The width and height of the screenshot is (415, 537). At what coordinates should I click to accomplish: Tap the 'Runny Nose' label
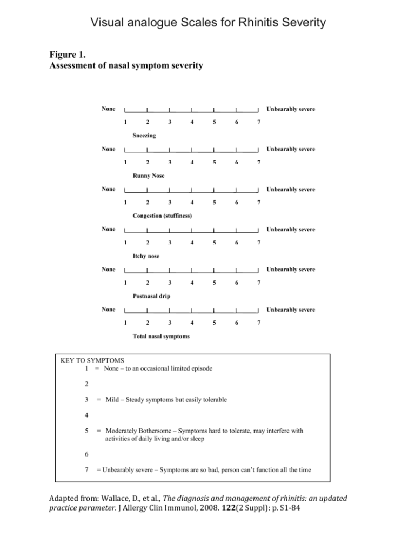coord(149,176)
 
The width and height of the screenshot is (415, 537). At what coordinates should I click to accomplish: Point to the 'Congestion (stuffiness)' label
coord(163,216)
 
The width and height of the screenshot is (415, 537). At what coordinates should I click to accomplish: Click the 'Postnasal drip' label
coord(152,296)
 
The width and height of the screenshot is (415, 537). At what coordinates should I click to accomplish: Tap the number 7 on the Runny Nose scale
coord(259,163)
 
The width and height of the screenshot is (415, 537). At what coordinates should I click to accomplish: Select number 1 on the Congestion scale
coord(125,203)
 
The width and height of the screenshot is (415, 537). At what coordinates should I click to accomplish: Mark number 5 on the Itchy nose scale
coord(214,243)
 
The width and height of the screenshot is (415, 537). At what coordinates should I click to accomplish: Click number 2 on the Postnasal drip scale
coord(148,283)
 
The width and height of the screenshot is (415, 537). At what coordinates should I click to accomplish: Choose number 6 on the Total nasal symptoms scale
coord(236,323)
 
